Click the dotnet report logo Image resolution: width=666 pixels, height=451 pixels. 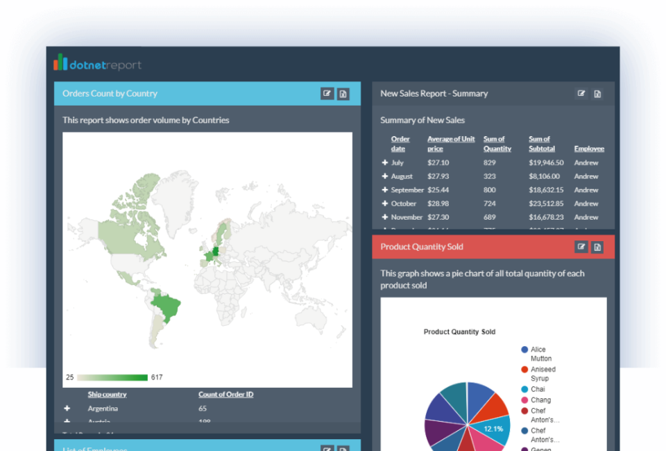point(97,64)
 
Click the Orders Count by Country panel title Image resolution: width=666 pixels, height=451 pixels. point(110,94)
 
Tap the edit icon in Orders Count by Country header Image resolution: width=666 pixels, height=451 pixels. point(327,94)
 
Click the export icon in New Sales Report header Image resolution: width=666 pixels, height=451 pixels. point(597,94)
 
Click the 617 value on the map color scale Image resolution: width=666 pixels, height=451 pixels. point(157,377)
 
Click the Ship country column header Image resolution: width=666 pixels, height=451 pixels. point(107,395)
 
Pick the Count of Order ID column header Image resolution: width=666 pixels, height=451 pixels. point(225,395)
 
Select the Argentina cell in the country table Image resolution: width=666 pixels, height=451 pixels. point(103,409)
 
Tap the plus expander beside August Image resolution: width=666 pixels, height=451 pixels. point(385,177)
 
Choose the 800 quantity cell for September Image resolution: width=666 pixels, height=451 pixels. point(490,190)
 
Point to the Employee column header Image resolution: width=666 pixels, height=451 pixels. point(589,149)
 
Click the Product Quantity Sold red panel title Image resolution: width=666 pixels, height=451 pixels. point(422,247)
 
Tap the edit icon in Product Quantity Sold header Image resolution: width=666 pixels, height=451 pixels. point(581,247)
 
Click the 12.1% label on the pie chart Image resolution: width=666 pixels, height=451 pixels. point(493,429)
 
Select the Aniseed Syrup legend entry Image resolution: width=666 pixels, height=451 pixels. point(543,374)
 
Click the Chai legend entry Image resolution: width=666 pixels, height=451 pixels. point(538,389)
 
